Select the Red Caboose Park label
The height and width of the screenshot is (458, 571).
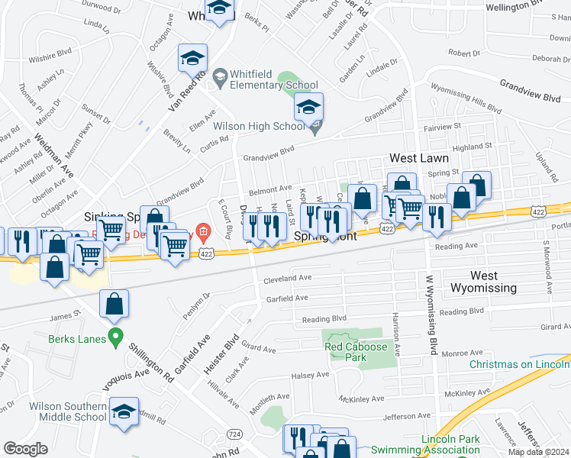click(x=356, y=353)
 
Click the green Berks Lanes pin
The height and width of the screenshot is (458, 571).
click(x=116, y=335)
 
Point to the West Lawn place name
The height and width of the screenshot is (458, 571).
click(x=418, y=158)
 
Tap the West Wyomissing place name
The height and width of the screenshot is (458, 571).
click(x=483, y=282)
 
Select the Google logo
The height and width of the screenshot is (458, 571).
click(x=25, y=449)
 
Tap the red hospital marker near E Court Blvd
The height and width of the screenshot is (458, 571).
click(x=203, y=231)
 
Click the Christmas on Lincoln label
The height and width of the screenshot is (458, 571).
click(x=519, y=364)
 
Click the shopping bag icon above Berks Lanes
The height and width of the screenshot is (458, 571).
click(x=114, y=303)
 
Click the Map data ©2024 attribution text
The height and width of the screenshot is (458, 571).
click(x=539, y=452)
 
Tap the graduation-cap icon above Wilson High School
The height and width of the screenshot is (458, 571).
click(x=309, y=107)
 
